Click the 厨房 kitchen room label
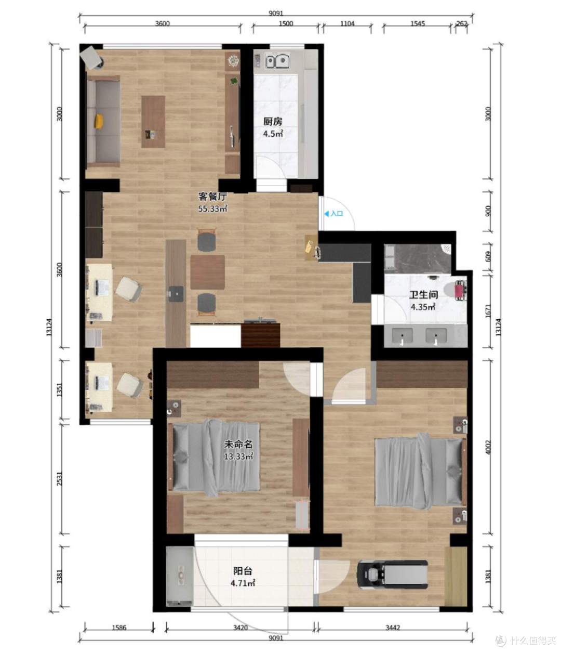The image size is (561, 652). point(273,121)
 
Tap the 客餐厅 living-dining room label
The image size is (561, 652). point(212,196)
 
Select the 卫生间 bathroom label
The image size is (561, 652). point(423,295)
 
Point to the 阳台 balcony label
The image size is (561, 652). point(243,570)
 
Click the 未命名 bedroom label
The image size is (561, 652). point(238,444)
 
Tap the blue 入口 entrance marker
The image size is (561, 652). point(334,214)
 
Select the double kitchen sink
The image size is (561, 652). point(277,61)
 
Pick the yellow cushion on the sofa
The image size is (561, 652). point(99,121)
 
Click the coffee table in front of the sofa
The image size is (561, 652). point(153,122)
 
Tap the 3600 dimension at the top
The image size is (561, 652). point(163,24)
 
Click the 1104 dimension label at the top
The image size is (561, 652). point(348,24)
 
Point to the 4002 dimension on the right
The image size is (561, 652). point(488,447)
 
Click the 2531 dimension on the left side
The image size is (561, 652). point(60,478)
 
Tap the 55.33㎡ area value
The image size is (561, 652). point(213,208)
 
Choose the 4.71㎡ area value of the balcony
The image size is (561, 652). point(243,583)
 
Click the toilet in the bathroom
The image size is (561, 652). point(455,289)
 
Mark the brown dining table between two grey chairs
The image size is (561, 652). point(207,272)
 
